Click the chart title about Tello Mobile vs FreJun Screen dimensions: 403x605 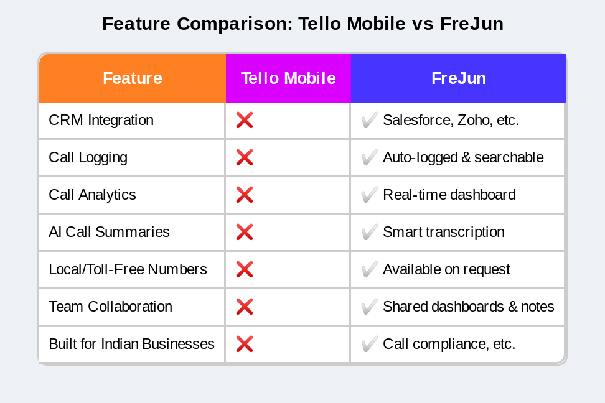[302, 24]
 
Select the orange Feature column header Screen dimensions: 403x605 [132, 78]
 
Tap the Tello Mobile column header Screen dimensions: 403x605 [288, 78]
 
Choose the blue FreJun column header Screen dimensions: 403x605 [458, 78]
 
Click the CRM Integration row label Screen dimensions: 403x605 [101, 120]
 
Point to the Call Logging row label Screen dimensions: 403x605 [88, 157]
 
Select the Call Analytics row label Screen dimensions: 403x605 [92, 195]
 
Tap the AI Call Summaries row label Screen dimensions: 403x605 [109, 232]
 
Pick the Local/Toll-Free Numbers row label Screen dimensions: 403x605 [128, 269]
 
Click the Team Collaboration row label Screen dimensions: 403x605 [110, 307]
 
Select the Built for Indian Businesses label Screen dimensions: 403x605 [131, 344]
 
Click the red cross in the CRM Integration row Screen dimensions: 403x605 [244, 120]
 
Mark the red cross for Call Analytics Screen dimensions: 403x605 [244, 195]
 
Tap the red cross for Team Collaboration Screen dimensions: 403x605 [244, 307]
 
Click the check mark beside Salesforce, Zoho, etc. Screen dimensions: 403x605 [369, 120]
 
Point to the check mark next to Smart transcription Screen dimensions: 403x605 [369, 232]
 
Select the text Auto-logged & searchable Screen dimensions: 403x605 [463, 157]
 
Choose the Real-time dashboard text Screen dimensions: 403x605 [449, 195]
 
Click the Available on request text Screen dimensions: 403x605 [446, 269]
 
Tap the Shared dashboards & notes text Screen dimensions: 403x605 [468, 307]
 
